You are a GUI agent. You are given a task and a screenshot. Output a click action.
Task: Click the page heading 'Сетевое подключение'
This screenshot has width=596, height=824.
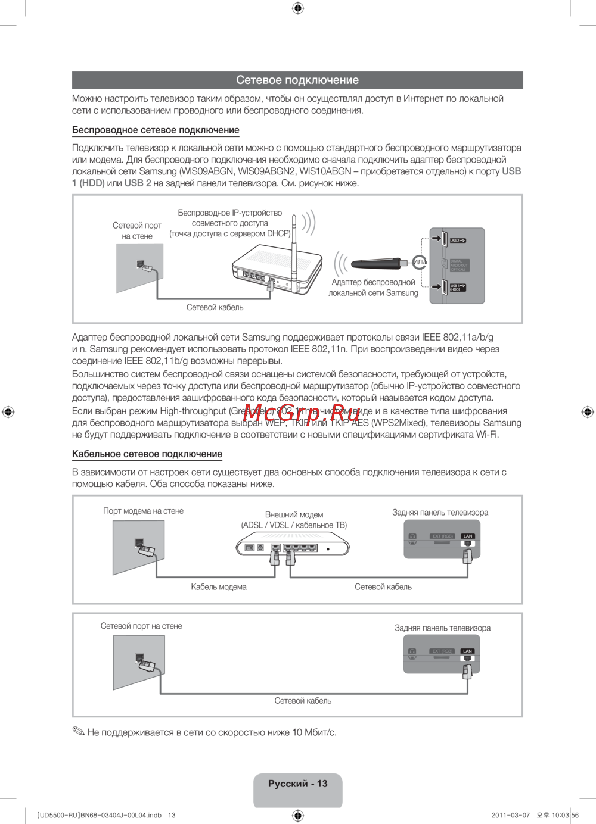(x=297, y=80)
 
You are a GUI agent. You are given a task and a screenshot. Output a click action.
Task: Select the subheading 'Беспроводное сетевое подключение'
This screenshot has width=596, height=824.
(x=156, y=130)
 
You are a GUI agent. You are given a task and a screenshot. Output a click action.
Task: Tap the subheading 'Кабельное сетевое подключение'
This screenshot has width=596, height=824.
(x=147, y=454)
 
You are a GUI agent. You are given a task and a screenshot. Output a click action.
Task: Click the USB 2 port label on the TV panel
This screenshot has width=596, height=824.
(x=457, y=241)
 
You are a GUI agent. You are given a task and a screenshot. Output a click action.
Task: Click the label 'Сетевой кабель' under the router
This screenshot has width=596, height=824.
(x=215, y=308)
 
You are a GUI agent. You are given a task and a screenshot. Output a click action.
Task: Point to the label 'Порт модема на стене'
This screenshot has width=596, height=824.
(x=143, y=511)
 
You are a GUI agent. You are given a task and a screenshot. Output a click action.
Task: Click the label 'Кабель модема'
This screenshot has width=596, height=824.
(x=219, y=587)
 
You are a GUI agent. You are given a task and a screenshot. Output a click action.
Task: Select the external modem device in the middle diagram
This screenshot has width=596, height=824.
(x=293, y=545)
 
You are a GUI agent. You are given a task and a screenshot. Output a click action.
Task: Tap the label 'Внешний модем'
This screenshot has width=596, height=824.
(x=294, y=514)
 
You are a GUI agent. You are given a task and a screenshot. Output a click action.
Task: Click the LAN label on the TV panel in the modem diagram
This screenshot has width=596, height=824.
(x=468, y=536)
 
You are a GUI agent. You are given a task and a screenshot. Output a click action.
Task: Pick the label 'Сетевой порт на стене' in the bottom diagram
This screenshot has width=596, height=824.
(x=141, y=626)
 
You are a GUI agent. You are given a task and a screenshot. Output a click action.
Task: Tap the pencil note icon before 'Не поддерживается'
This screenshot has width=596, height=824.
(x=79, y=731)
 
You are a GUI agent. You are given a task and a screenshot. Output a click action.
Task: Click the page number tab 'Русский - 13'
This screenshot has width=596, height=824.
(x=297, y=784)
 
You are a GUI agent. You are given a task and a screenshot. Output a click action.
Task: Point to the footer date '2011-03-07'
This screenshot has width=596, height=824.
(x=510, y=816)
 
